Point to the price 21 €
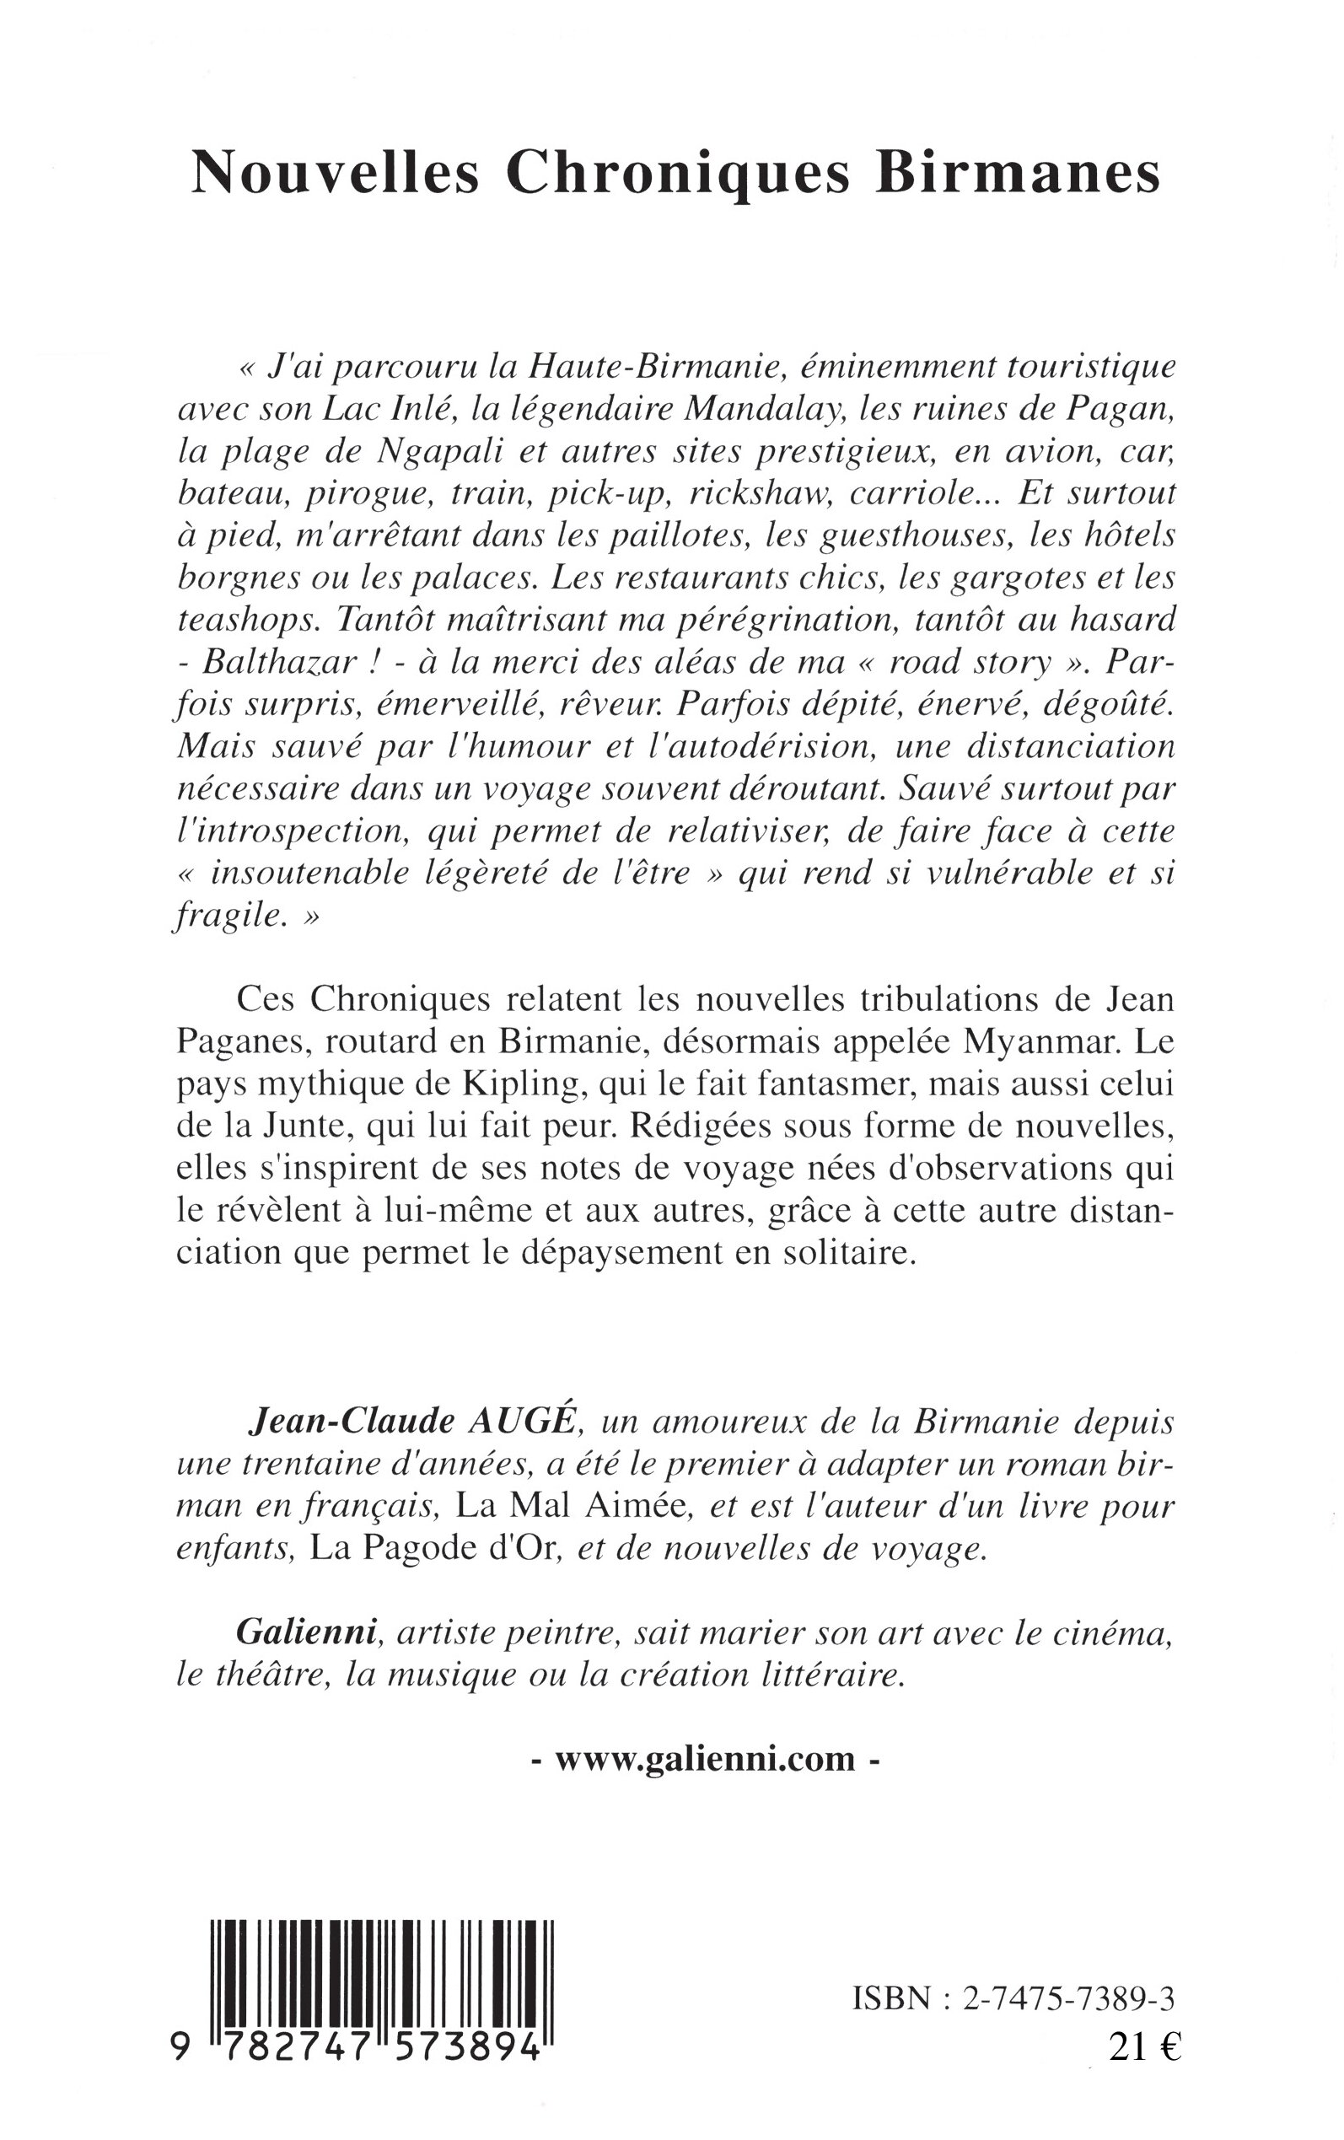(x=1143, y=2041)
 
